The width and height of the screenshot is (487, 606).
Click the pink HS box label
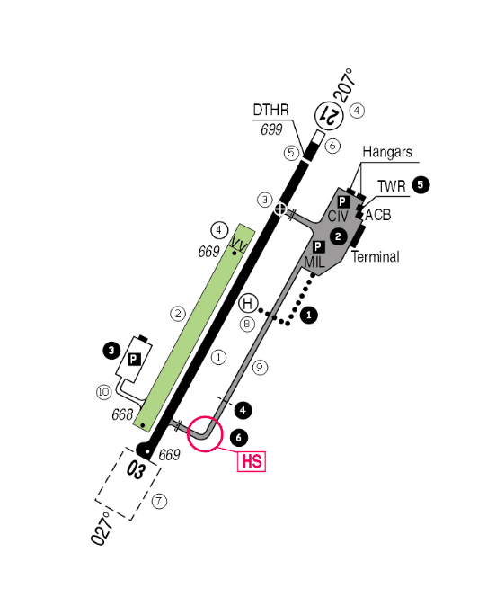point(252,461)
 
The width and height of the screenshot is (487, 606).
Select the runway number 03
point(137,470)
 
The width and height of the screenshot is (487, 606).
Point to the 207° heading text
point(344,85)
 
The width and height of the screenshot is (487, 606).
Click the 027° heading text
point(102,528)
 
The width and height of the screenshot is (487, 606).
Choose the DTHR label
point(270,110)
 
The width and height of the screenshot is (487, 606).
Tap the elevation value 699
point(271,129)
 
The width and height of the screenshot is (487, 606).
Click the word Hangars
point(387,152)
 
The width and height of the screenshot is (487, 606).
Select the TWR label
point(392,186)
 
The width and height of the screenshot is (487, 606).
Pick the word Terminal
point(376,256)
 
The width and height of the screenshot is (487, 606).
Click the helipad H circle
point(248,303)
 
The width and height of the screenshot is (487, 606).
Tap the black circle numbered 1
point(308,316)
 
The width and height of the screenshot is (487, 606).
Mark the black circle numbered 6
point(239,438)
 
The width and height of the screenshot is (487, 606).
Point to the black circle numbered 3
point(111,351)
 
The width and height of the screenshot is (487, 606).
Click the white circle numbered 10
point(104,392)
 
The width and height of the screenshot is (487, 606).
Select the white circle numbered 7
point(159,502)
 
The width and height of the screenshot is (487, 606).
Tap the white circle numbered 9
point(260,367)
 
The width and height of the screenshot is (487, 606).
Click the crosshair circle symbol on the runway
point(280,209)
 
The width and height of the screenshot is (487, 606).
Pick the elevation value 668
point(122,414)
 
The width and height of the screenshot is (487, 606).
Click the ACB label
point(377,215)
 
